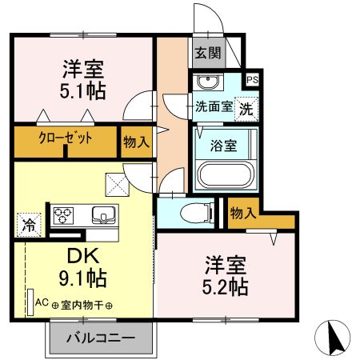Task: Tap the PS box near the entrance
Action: [252, 80]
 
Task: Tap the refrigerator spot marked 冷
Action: [27, 225]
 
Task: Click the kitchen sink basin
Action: [104, 214]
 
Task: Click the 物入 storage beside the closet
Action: [136, 142]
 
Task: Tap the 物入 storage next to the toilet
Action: [242, 213]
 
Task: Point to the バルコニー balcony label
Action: [100, 338]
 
